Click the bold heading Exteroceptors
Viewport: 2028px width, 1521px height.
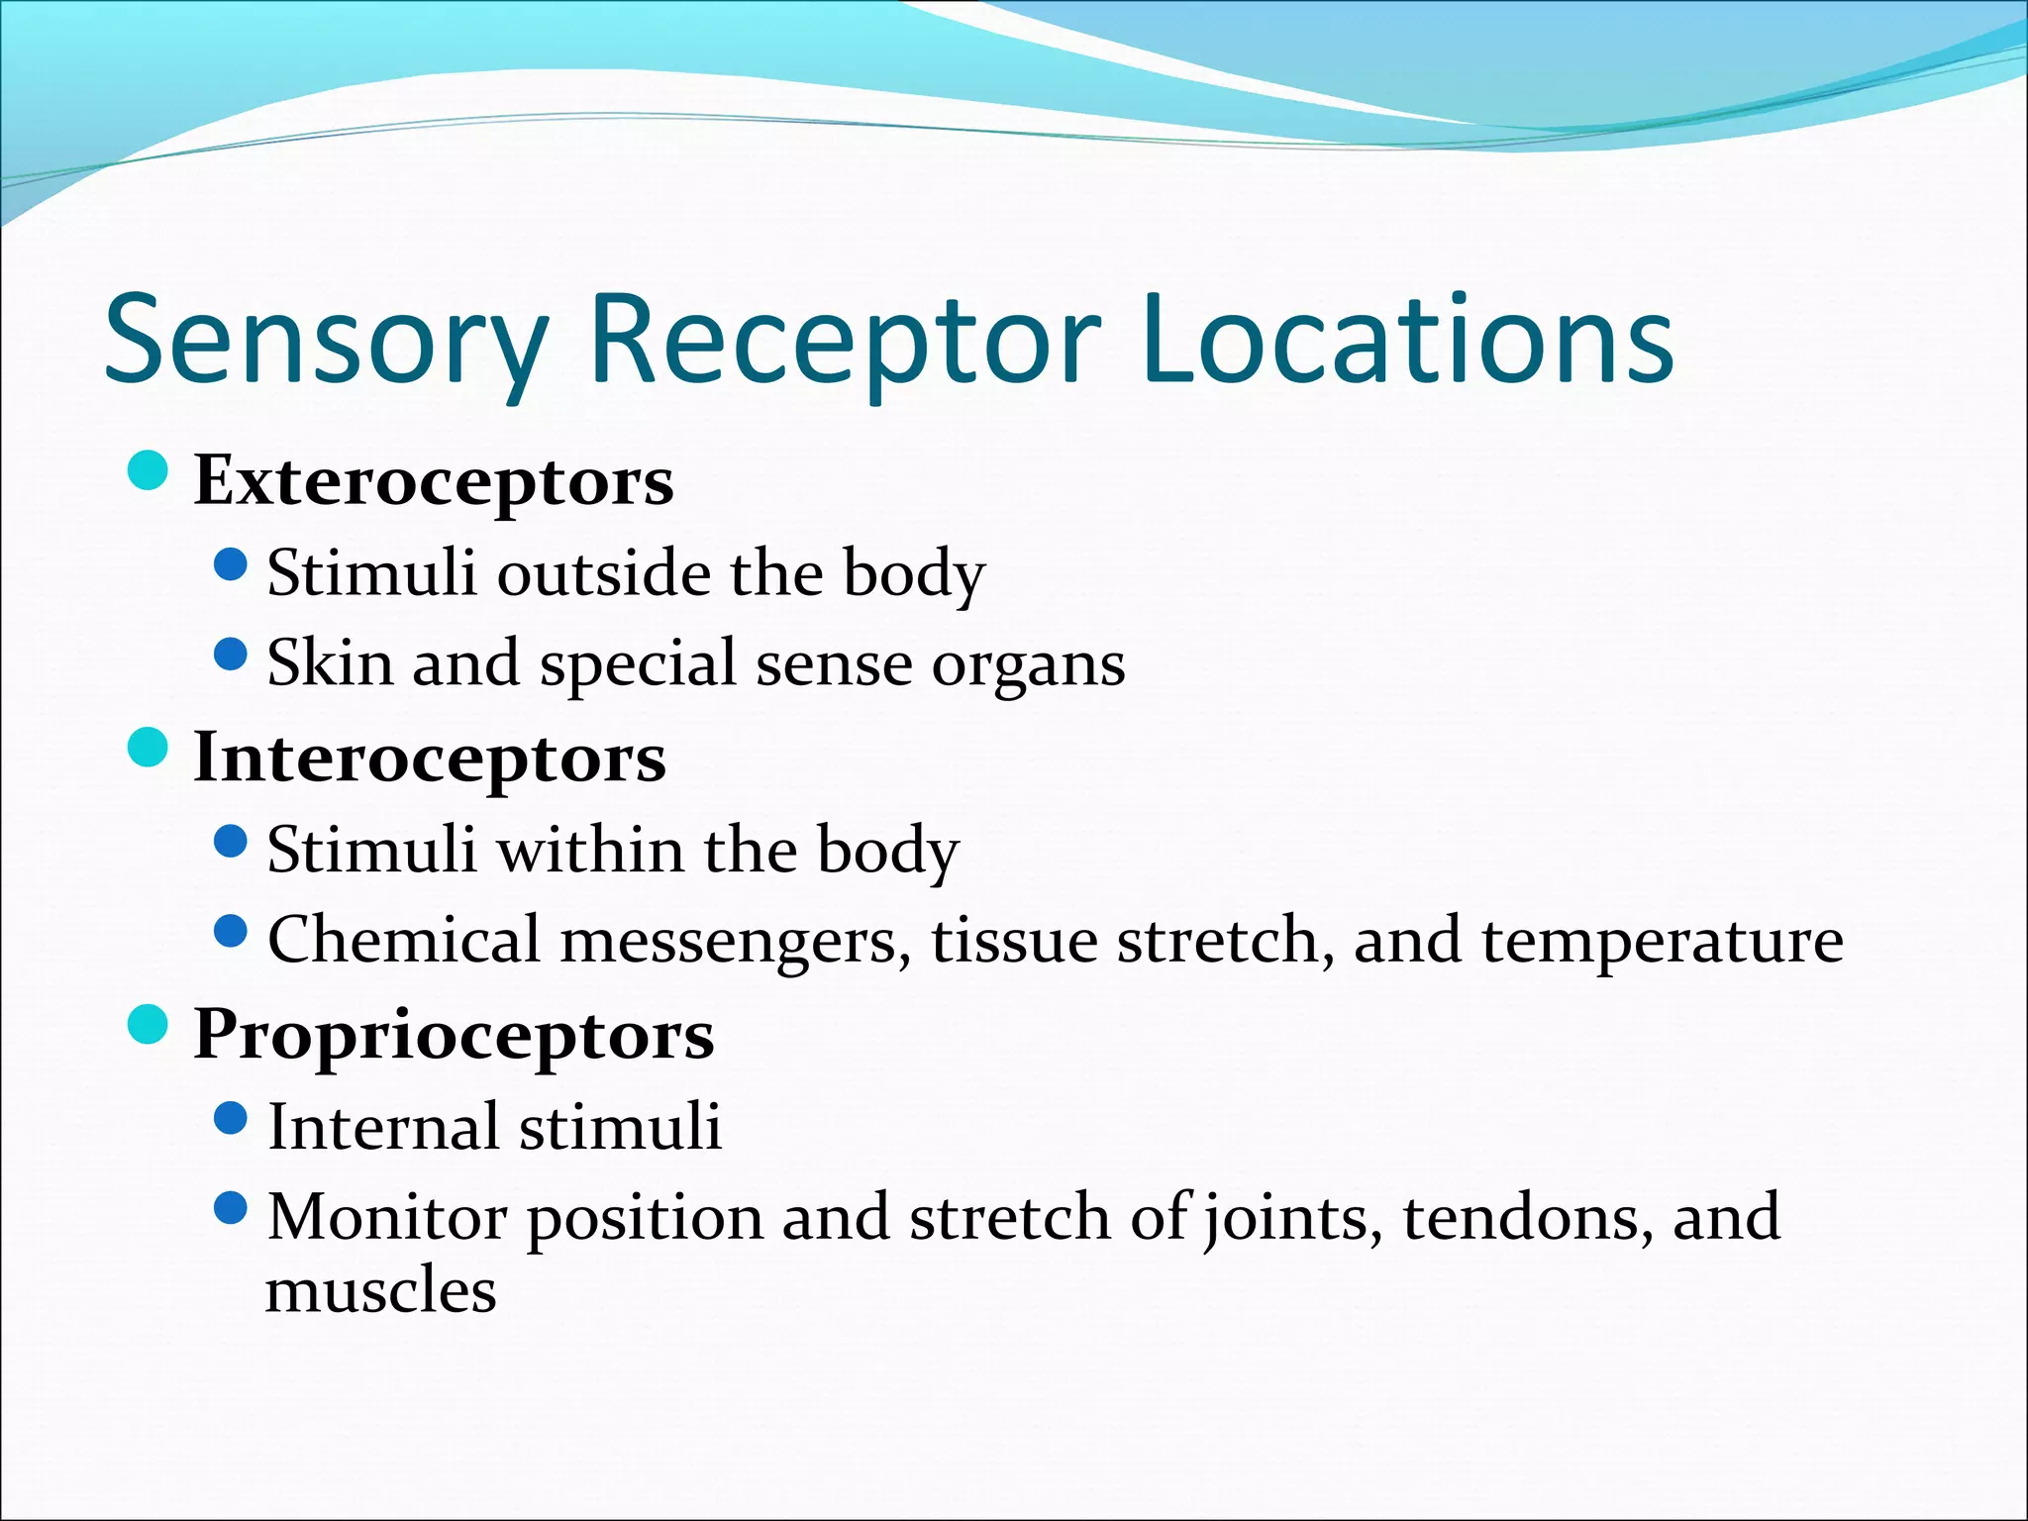point(434,481)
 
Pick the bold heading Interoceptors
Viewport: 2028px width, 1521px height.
point(430,759)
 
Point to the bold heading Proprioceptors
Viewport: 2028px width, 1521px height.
point(454,1036)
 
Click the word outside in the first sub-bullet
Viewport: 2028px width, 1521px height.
point(603,573)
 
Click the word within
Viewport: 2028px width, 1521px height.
point(590,850)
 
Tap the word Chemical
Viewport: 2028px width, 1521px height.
point(403,940)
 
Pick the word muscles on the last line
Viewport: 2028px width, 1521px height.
point(381,1291)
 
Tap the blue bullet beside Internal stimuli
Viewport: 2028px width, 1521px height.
point(230,1119)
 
